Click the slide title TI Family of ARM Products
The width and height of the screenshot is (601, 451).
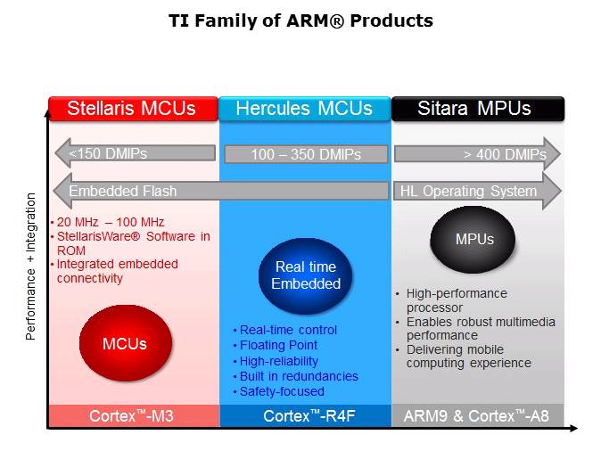pyautogui.click(x=300, y=20)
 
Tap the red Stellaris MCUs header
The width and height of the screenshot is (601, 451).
pyautogui.click(x=134, y=109)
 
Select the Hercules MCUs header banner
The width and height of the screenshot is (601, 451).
pyautogui.click(x=305, y=109)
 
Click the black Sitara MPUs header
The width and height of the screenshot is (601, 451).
pyautogui.click(x=478, y=109)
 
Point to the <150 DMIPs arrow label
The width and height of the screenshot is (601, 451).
pyautogui.click(x=108, y=153)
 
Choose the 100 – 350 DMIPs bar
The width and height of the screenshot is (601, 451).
pyautogui.click(x=306, y=154)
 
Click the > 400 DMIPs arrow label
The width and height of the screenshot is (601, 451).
pyautogui.click(x=505, y=154)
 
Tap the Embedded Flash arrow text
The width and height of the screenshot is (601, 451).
pyautogui.click(x=123, y=191)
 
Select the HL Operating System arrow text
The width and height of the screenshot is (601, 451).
pyautogui.click(x=468, y=191)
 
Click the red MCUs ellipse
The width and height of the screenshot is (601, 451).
pyautogui.click(x=126, y=343)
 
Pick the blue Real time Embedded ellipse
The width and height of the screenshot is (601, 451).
pyautogui.click(x=306, y=276)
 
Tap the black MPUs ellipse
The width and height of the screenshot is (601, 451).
pyautogui.click(x=473, y=240)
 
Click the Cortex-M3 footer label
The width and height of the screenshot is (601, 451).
pyautogui.click(x=131, y=416)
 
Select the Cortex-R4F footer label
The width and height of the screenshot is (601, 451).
pyautogui.click(x=309, y=416)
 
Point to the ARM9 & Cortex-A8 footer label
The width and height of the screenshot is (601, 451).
pyautogui.click(x=476, y=416)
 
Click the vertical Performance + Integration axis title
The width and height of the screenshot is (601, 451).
pyautogui.click(x=30, y=266)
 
